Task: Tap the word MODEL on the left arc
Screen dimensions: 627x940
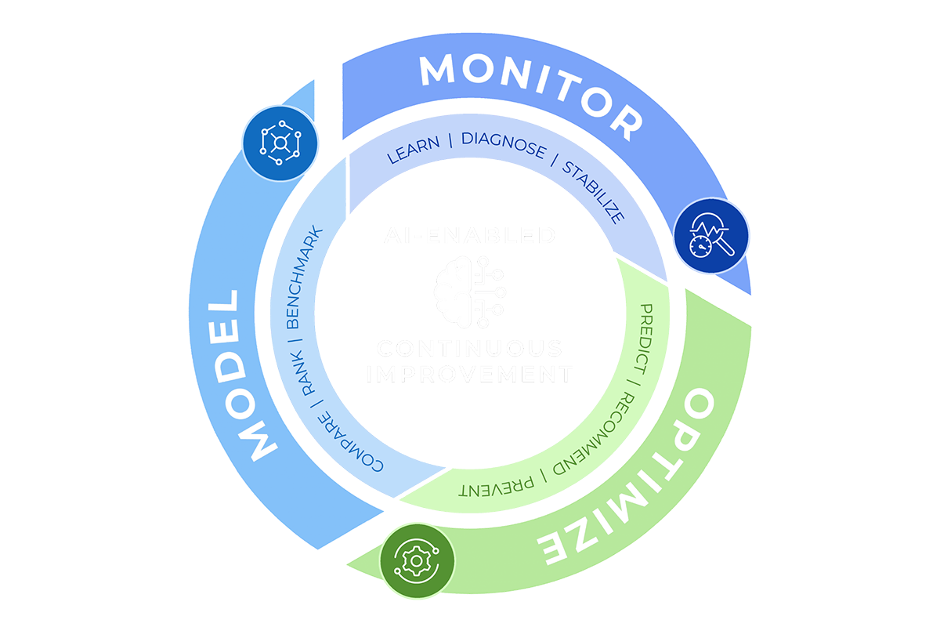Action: pyautogui.click(x=237, y=374)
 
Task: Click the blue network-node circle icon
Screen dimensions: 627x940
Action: pyautogui.click(x=280, y=143)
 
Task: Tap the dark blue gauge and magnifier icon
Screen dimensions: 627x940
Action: pyautogui.click(x=710, y=236)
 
